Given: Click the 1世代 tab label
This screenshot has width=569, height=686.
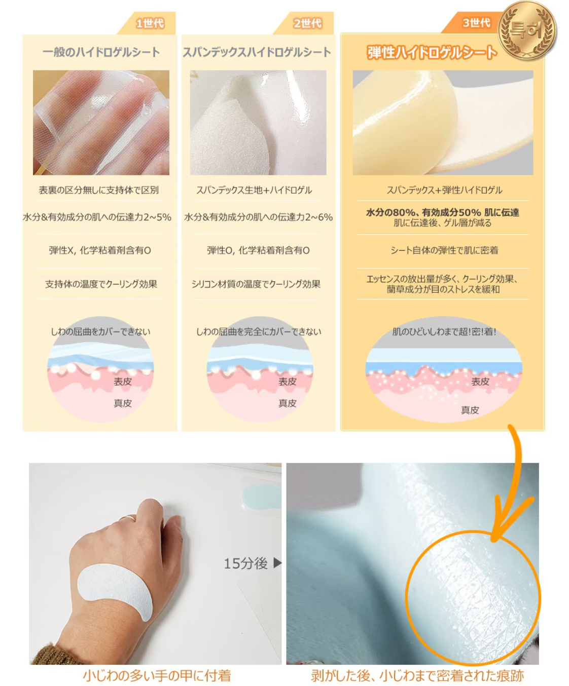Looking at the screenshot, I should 150,23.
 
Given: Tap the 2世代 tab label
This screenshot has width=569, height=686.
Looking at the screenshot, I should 307,23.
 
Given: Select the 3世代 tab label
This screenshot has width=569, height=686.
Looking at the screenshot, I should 476,23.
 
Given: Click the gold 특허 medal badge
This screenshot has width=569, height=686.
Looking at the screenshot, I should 527,30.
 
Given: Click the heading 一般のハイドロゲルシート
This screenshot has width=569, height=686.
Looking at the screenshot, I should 101,52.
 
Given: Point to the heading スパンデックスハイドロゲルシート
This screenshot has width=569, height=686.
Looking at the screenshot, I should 257,52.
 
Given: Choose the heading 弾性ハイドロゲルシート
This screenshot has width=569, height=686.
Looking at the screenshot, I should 432,52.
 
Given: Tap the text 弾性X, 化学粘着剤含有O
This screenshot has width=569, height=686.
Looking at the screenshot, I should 100,250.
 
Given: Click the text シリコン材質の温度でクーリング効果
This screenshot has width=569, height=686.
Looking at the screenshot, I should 256,284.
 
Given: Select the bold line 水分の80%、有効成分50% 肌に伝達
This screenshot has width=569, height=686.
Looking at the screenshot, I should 442,212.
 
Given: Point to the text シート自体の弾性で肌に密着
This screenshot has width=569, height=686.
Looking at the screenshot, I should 444,250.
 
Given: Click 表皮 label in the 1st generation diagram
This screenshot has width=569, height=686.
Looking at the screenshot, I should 123,382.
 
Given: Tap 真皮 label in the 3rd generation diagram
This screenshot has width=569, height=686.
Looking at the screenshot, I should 470,410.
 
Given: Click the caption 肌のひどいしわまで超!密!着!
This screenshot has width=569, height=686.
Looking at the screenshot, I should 444,332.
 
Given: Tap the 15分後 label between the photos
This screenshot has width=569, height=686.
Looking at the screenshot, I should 246,563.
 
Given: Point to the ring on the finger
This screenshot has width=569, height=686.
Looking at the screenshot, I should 127,518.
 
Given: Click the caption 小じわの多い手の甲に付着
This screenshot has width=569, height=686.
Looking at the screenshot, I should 157,675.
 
